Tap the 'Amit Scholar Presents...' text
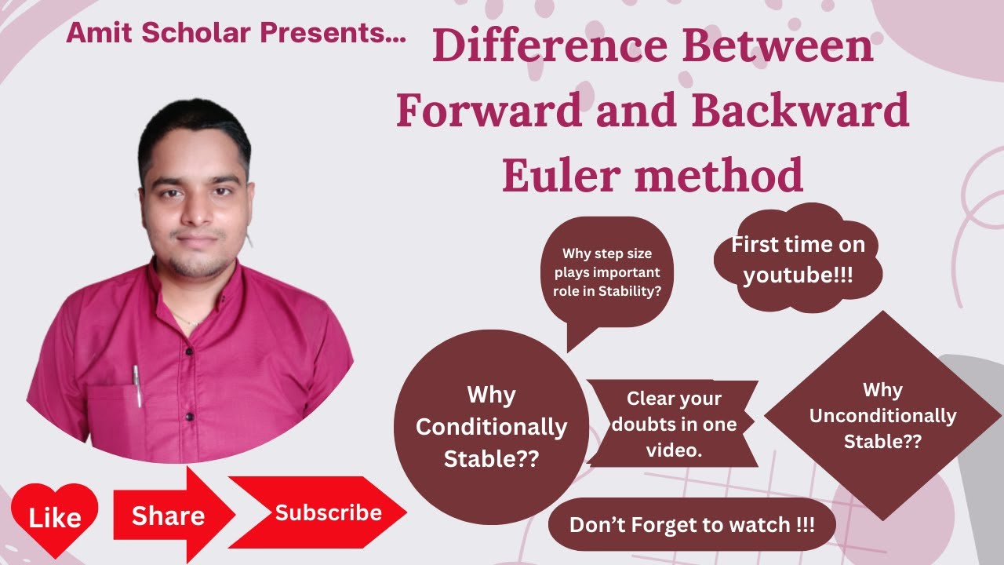[x=236, y=33]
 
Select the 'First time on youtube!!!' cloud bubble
[x=798, y=260]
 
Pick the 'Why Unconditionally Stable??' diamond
[x=882, y=415]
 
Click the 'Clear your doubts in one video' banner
[x=673, y=424]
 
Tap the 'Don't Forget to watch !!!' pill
[x=692, y=524]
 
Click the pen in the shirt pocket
[x=137, y=385]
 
